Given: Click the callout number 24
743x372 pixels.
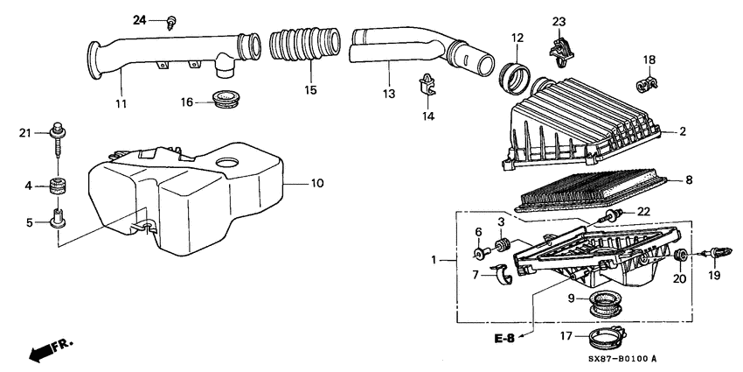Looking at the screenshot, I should tap(140, 19).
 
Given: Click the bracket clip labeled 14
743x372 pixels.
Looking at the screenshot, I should tap(428, 82).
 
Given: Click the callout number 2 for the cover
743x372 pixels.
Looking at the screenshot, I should tap(683, 132).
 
